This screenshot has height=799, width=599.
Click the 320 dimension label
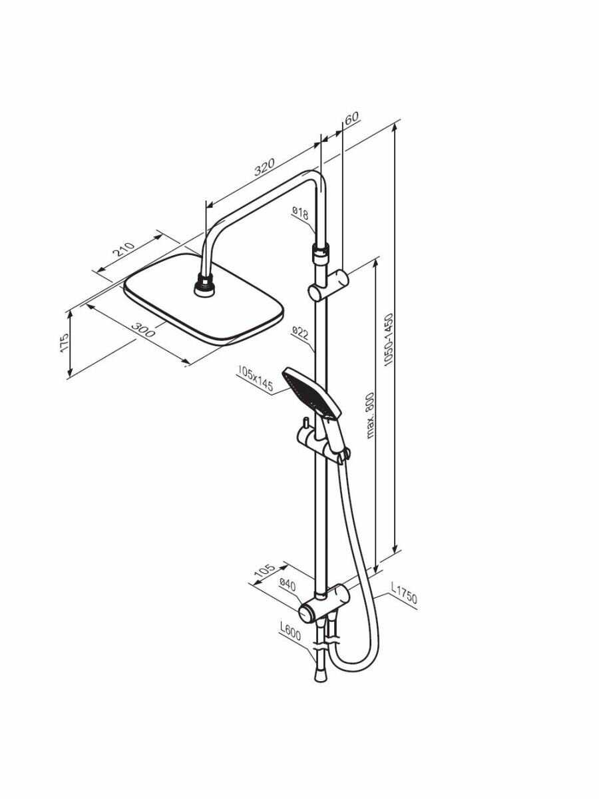pyautogui.click(x=264, y=167)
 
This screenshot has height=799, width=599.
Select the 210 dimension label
pyautogui.click(x=123, y=250)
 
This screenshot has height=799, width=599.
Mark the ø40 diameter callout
pyautogui.click(x=288, y=585)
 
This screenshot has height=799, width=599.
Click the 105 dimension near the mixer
pyautogui.click(x=266, y=571)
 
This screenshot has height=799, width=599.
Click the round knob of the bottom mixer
pyautogui.click(x=307, y=612)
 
